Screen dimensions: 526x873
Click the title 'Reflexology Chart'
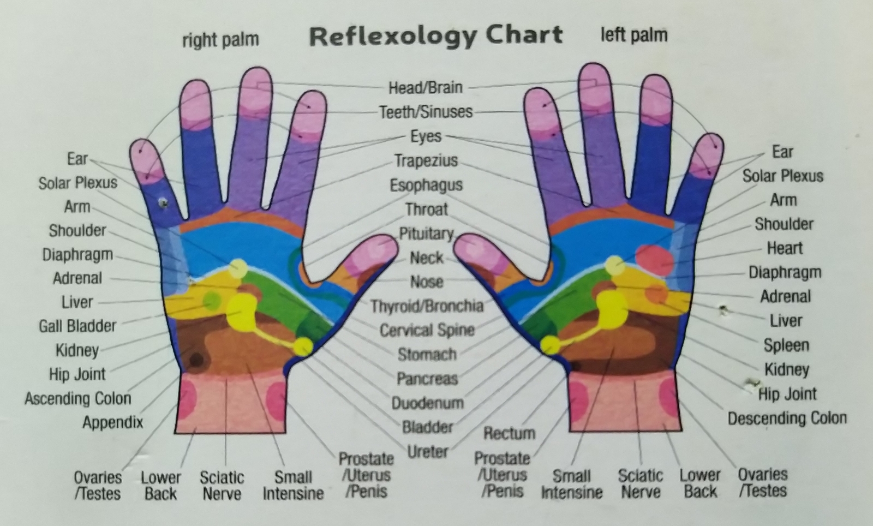[x=436, y=36]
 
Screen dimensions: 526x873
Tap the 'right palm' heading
[x=220, y=40]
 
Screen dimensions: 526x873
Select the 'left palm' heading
[x=634, y=35]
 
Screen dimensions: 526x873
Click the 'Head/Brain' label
[x=425, y=87]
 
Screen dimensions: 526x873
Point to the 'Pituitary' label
[x=426, y=234]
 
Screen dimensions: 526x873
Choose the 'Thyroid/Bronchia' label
[x=427, y=306]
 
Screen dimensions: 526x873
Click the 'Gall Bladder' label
[x=77, y=326]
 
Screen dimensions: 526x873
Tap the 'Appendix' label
[x=113, y=422]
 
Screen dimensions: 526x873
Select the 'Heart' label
[x=785, y=248]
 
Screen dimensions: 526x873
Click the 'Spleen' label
[x=786, y=345]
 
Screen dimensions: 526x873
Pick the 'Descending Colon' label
[x=787, y=419]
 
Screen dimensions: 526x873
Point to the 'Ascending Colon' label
[x=78, y=398]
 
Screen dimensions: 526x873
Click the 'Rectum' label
[x=509, y=433]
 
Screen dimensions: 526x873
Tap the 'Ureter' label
[x=427, y=452]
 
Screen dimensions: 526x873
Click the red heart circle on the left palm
[x=654, y=260]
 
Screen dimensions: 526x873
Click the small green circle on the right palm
[x=212, y=300]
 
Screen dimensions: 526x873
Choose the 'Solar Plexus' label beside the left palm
[x=782, y=176]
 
